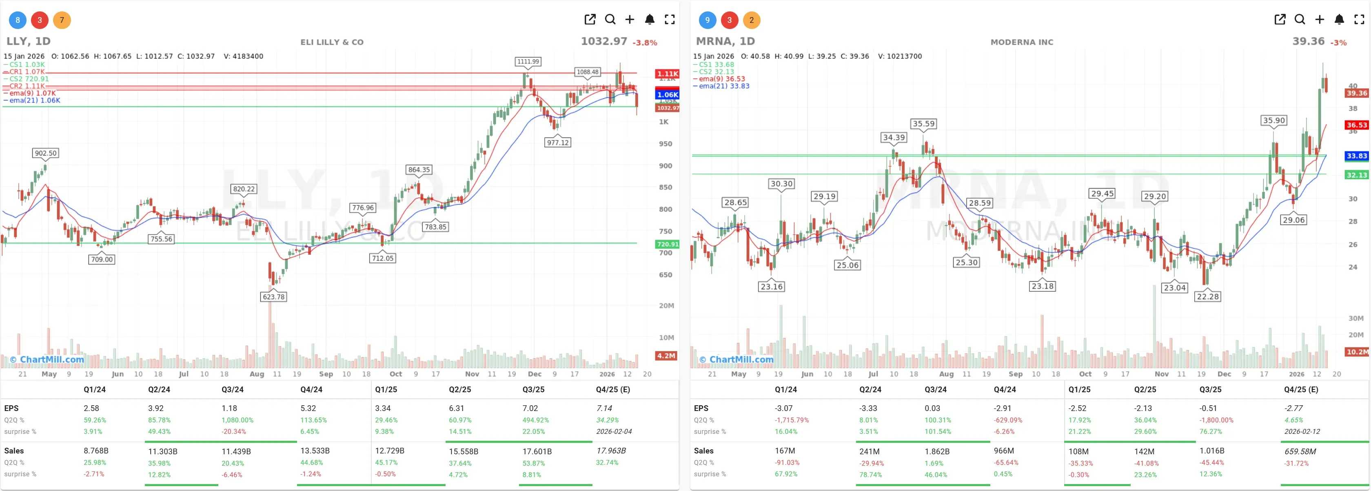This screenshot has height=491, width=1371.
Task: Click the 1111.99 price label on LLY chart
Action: tap(528, 61)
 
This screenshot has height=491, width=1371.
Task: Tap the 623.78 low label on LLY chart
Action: tap(273, 297)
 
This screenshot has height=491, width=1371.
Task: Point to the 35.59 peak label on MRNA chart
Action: tap(923, 124)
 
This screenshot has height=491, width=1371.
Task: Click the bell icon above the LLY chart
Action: tap(649, 20)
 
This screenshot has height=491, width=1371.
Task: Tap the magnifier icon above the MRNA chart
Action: tap(1299, 20)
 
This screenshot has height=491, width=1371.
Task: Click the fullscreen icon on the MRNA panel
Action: tap(1359, 20)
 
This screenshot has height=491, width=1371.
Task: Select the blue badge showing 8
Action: tap(18, 20)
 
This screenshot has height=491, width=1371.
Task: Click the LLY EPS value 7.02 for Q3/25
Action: tap(530, 408)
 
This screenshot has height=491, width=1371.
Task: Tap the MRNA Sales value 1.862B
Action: tap(937, 451)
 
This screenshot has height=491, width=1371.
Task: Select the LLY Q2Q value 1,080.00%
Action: tap(237, 420)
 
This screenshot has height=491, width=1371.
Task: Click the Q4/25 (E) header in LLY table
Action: tap(612, 389)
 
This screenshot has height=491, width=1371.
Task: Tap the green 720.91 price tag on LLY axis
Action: tap(667, 244)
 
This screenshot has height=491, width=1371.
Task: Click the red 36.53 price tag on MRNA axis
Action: tap(1356, 125)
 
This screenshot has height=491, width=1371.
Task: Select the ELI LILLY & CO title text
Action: tap(332, 42)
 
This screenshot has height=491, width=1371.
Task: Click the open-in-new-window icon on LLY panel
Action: tap(590, 20)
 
